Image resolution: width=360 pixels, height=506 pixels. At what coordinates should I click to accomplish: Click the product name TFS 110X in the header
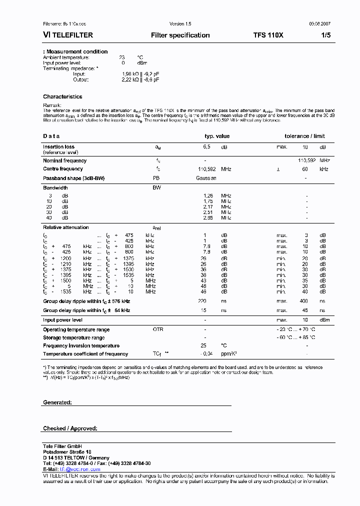click(x=268, y=35)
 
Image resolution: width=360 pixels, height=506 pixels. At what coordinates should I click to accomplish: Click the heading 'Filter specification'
click(x=180, y=35)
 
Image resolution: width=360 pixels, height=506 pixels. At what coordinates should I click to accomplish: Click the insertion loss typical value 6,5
click(x=206, y=147)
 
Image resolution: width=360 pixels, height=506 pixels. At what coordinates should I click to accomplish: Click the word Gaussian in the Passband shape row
click(x=206, y=178)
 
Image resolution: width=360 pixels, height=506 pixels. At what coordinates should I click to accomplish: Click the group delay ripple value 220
click(x=201, y=301)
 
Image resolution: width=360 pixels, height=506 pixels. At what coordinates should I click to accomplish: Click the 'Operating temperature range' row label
click(x=76, y=330)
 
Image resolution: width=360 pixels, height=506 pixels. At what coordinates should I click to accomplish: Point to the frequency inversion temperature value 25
click(x=203, y=346)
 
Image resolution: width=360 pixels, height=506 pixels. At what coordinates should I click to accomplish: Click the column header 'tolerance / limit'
click(x=304, y=136)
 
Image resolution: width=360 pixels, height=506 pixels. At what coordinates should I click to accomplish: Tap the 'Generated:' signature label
click(x=57, y=402)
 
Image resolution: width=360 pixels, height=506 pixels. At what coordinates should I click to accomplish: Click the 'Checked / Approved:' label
click(x=70, y=428)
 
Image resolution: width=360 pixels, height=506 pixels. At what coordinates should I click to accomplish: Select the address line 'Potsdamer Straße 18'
click(x=67, y=452)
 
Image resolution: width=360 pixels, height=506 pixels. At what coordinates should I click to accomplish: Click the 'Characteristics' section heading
click(x=62, y=97)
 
